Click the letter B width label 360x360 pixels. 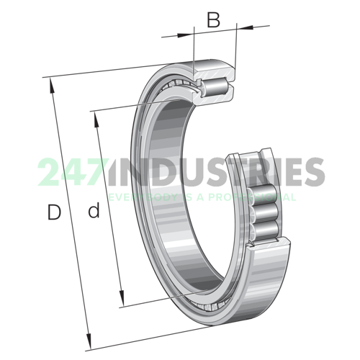(213, 20)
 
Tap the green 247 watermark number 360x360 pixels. (68, 173)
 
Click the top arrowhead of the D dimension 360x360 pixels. (52, 84)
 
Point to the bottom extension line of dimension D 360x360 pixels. (144, 338)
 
